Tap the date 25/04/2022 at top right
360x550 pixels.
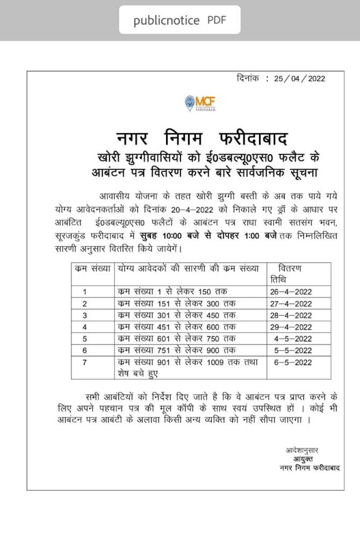tap(299, 78)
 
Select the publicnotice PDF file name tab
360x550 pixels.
tap(179, 20)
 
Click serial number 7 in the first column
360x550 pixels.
tap(84, 363)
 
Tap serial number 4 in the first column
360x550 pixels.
tap(84, 327)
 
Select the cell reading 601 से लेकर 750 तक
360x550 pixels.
tap(176, 339)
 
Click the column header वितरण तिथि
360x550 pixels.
tap(290, 274)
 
